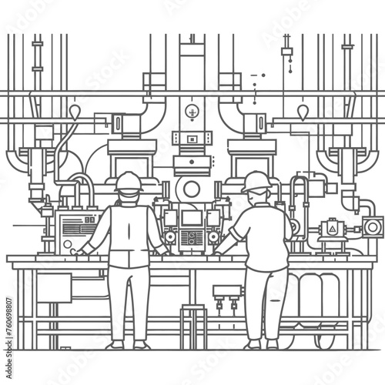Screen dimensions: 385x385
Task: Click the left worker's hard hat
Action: click(x=129, y=182)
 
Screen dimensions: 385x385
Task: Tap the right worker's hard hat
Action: click(x=256, y=182)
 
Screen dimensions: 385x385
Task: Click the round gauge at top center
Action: click(x=192, y=112)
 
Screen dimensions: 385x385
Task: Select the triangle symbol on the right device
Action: click(x=333, y=229)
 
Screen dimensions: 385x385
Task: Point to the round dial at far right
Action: click(x=373, y=227)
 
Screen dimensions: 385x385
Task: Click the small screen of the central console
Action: click(x=192, y=219)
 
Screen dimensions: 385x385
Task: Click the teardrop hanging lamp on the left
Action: click(x=75, y=113)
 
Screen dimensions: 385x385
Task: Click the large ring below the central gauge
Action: click(x=192, y=189)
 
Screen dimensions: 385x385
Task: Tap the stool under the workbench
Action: click(x=193, y=323)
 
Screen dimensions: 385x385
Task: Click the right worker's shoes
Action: click(x=264, y=343)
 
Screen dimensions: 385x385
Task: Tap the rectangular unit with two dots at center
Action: click(x=192, y=139)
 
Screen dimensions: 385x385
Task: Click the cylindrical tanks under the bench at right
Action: click(x=312, y=296)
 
